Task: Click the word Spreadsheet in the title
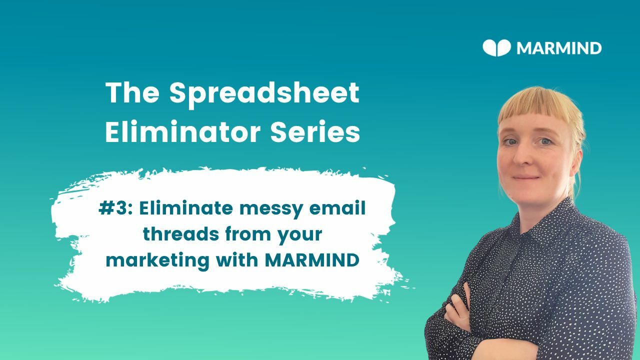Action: point(264,93)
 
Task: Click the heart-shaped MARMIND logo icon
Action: point(496,48)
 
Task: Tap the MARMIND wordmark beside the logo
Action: point(558,48)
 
